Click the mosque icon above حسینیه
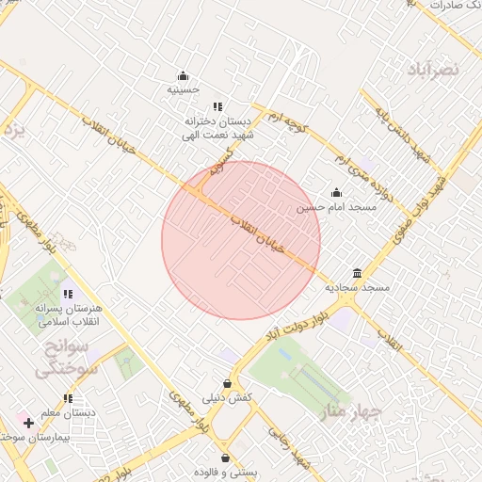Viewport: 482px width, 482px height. click(183, 76)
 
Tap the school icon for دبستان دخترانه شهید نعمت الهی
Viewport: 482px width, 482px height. click(217, 107)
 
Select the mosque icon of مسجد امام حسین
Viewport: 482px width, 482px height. click(336, 193)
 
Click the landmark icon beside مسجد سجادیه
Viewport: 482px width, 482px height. click(357, 272)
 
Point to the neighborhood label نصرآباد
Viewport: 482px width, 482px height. click(433, 69)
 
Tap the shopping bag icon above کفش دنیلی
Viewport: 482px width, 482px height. click(227, 384)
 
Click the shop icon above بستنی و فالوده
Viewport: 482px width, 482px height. click(225, 456)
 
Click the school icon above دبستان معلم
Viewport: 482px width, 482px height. click(67, 399)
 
